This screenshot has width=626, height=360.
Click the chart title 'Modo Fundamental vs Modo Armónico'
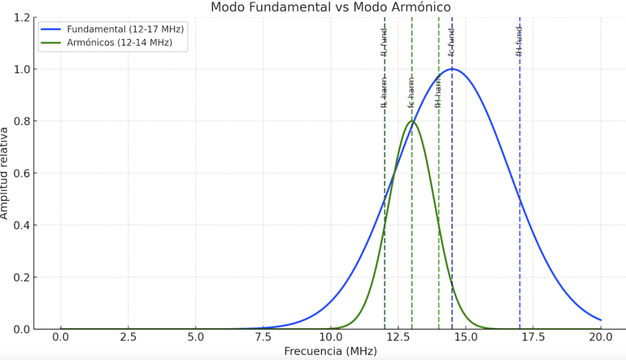coord(330,7)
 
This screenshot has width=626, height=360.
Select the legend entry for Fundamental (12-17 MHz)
coord(125,29)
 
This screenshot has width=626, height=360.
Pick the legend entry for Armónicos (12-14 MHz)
coord(119,42)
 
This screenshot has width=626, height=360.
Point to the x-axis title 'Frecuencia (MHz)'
coord(330,351)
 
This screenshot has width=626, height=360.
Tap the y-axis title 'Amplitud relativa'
coord(5,173)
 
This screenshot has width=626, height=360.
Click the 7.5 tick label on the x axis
coord(263,337)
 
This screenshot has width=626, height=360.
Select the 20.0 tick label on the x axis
coord(600,337)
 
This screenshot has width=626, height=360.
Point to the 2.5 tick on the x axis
coord(128,337)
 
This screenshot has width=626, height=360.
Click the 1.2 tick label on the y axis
coord(22,18)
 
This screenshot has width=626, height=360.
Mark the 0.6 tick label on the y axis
coord(22,173)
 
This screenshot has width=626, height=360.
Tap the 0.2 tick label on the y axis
coord(22,277)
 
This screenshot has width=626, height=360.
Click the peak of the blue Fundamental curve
coord(452,69)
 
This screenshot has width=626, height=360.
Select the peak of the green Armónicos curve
coord(412,121)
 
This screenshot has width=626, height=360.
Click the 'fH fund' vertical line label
coord(519,42)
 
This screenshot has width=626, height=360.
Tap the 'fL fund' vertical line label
coord(384,42)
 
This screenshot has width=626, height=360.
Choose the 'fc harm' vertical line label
coord(411,93)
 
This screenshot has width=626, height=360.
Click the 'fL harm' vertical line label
coord(384,93)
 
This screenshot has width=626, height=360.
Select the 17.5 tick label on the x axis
coord(533,337)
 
